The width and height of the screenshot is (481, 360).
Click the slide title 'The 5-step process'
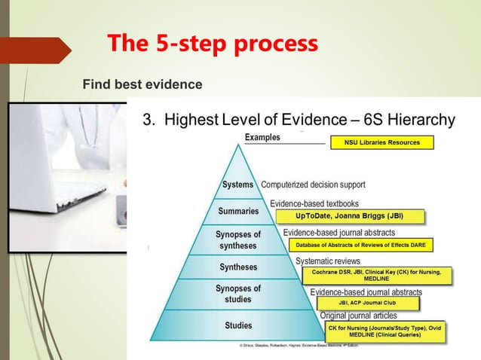tap(212, 44)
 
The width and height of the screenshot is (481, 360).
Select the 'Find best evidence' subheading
tap(142, 84)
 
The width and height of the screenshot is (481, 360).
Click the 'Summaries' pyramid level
tap(238, 211)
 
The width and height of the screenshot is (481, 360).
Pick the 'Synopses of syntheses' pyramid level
tap(238, 240)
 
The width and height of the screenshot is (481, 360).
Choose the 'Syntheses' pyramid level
tap(238, 267)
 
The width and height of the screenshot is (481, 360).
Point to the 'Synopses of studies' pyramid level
tap(238, 294)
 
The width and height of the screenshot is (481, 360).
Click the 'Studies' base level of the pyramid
tap(238, 325)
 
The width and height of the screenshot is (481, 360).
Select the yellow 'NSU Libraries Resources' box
tap(382, 142)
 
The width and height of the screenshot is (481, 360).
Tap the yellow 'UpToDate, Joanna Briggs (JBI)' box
tap(349, 216)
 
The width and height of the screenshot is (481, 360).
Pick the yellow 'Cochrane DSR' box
tap(377, 275)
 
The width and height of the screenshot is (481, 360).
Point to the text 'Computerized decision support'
tap(313, 185)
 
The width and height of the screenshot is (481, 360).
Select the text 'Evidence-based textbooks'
tap(314, 203)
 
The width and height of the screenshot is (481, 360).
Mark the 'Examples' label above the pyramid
tap(262, 138)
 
